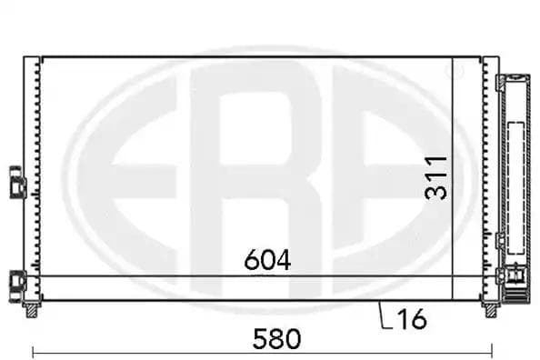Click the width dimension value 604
pyautogui.click(x=267, y=260)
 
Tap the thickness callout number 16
pyautogui.click(x=412, y=318)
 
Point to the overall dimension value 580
pyautogui.click(x=276, y=339)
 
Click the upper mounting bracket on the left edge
pyautogui.click(x=17, y=181)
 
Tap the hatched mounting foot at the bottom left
pyautogui.click(x=33, y=309)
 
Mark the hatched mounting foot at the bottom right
pyautogui.click(x=492, y=309)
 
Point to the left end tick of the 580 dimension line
pyautogui.click(x=33, y=351)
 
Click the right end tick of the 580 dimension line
pyautogui.click(x=492, y=351)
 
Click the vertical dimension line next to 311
pyautogui.click(x=453, y=177)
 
